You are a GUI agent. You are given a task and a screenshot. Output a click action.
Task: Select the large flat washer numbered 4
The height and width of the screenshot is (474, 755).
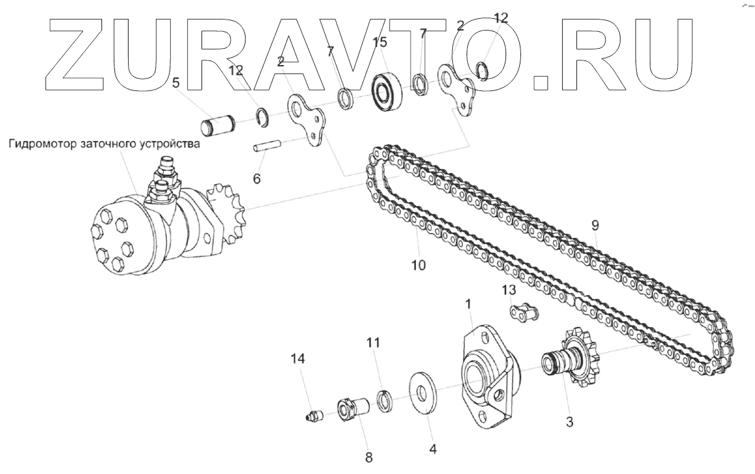[x=423, y=391]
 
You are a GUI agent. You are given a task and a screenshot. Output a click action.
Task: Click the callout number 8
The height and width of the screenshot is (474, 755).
[x=369, y=458]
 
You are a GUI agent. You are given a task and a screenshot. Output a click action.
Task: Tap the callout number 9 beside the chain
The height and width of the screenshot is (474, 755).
[x=595, y=226]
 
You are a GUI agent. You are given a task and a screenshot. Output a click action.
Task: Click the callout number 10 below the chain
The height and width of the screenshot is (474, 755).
[x=418, y=265]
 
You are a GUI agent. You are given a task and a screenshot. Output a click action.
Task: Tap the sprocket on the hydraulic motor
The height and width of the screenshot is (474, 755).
[x=225, y=213]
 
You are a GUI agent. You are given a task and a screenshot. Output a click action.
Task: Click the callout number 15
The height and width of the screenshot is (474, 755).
[x=380, y=42]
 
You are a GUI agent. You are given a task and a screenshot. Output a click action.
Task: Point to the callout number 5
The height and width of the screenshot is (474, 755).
[x=176, y=83]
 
